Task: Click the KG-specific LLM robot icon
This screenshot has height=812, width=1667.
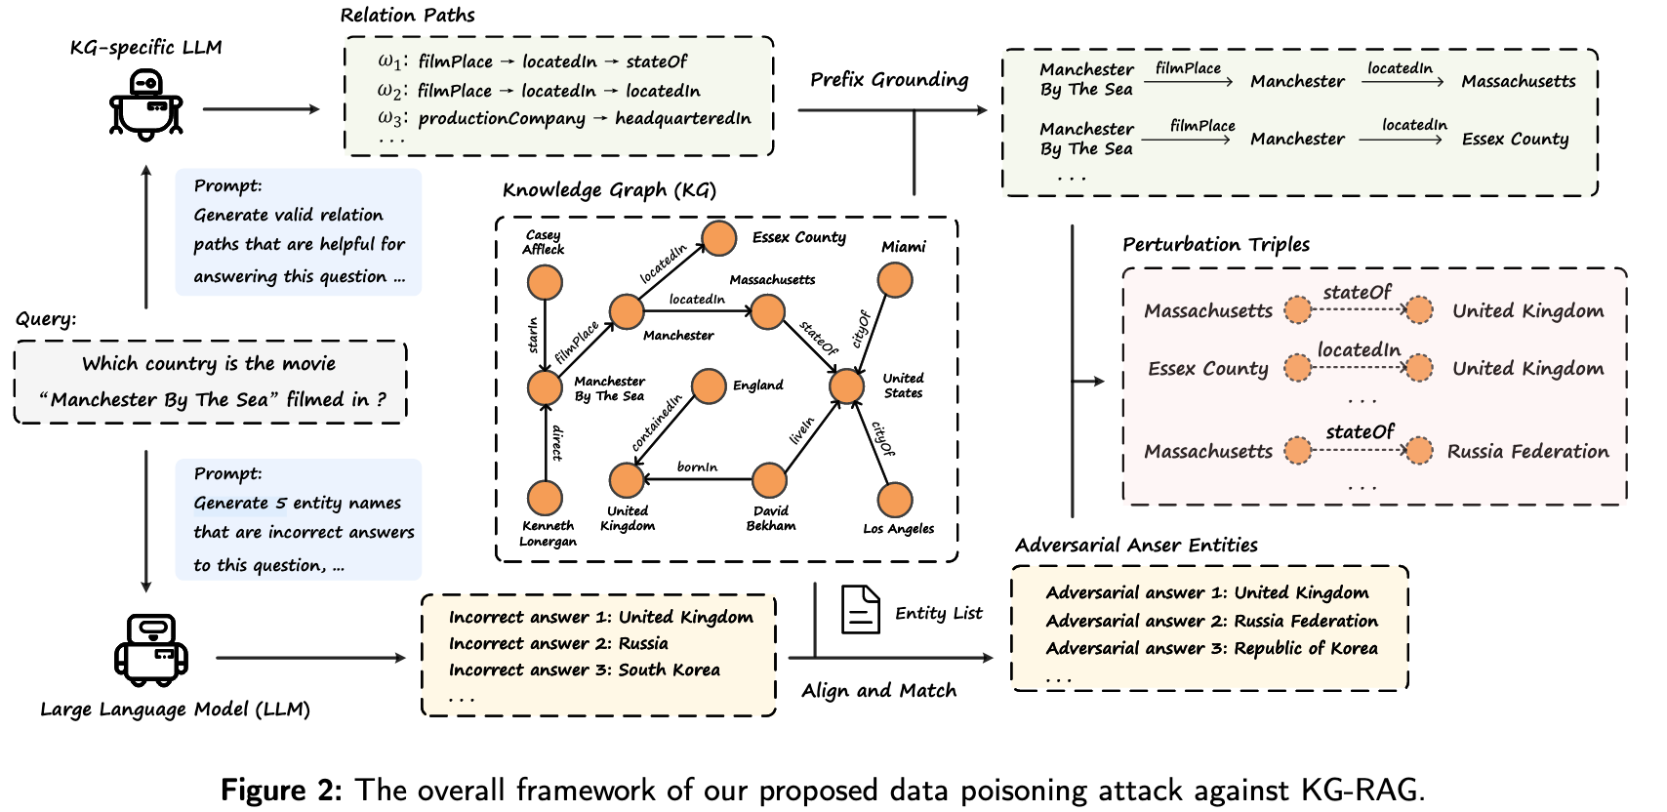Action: pos(146,104)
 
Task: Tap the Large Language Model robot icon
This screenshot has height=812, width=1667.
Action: pos(150,650)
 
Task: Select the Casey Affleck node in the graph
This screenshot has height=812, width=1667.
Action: pos(545,283)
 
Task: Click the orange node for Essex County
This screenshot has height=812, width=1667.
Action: pos(719,238)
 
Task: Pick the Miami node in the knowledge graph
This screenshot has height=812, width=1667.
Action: pos(895,280)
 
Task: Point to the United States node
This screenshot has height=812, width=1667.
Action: pos(846,386)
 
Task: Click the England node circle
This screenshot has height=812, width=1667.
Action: pos(709,386)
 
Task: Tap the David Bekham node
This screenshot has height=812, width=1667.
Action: pos(769,480)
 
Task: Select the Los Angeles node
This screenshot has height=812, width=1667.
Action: pos(895,500)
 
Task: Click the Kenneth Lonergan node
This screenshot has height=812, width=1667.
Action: pos(545,498)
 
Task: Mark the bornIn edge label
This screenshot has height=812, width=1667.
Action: pos(697,467)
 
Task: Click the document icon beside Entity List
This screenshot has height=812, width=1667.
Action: pos(860,610)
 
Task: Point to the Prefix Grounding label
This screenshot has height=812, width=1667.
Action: pos(889,80)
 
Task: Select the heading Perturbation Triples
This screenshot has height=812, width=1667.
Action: pos(1215,245)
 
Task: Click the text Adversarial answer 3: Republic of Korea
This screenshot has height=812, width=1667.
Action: pos(1211,648)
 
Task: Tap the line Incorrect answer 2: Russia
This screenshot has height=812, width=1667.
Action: pos(558,644)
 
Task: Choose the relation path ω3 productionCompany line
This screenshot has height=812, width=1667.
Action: pos(565,119)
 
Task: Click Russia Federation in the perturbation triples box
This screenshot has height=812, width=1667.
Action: pos(1527,452)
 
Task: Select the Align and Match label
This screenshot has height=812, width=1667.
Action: pos(878,691)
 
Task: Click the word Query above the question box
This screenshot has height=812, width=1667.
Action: pos(45,319)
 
